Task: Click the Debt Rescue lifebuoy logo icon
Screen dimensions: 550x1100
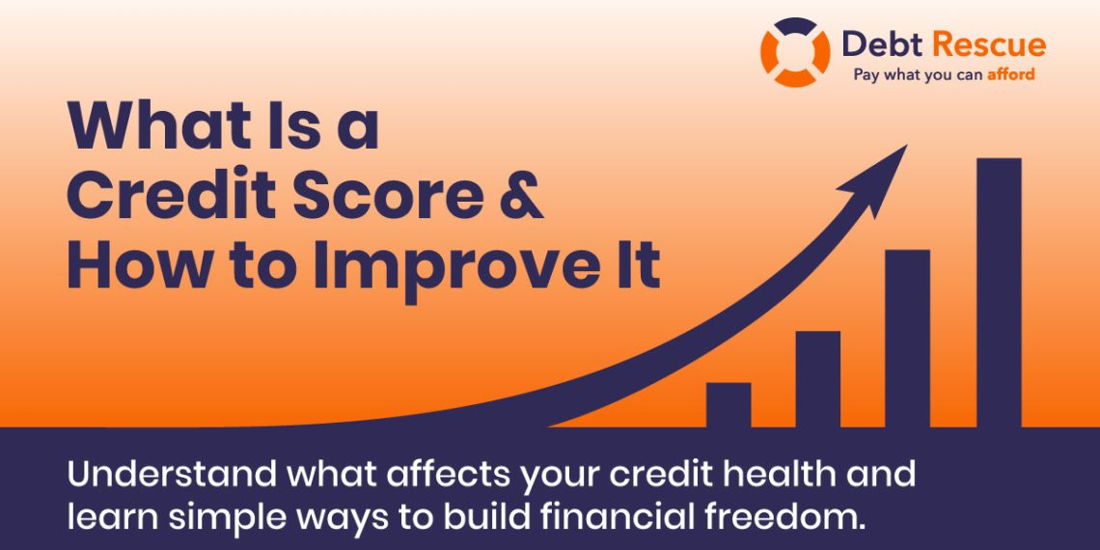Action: (794, 52)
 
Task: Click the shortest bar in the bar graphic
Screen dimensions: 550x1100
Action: (728, 405)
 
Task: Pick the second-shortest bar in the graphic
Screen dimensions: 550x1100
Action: (817, 379)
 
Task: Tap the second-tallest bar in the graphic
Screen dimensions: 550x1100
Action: (907, 339)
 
